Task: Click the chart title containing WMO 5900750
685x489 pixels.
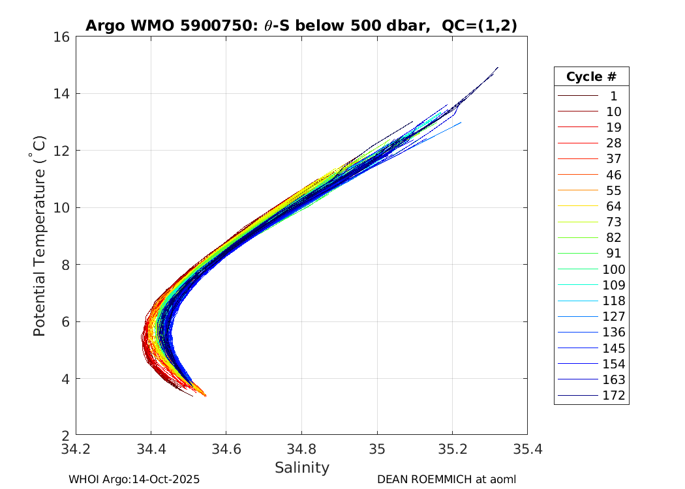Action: click(x=301, y=25)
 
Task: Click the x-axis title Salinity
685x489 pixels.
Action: click(x=301, y=467)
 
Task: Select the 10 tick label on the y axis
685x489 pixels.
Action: click(x=62, y=208)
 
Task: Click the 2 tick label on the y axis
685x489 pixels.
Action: click(x=66, y=435)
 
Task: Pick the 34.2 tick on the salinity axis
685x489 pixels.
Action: click(x=76, y=449)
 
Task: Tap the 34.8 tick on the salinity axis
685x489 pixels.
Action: click(x=301, y=449)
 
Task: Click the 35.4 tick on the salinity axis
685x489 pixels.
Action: click(x=526, y=449)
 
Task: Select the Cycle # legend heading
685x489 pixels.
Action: click(x=591, y=77)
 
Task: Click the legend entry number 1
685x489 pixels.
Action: click(x=613, y=96)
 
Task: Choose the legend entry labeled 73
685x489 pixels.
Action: click(x=613, y=222)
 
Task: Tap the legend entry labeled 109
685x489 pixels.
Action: click(x=613, y=285)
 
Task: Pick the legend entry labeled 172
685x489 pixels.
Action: click(x=613, y=395)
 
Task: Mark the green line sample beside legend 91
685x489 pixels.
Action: click(x=577, y=254)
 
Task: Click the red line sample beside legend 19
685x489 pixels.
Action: click(x=577, y=127)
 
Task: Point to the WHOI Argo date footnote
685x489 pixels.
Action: click(x=134, y=479)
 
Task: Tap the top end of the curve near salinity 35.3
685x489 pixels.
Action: click(x=498, y=67)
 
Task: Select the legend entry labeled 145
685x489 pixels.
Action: click(x=613, y=348)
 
